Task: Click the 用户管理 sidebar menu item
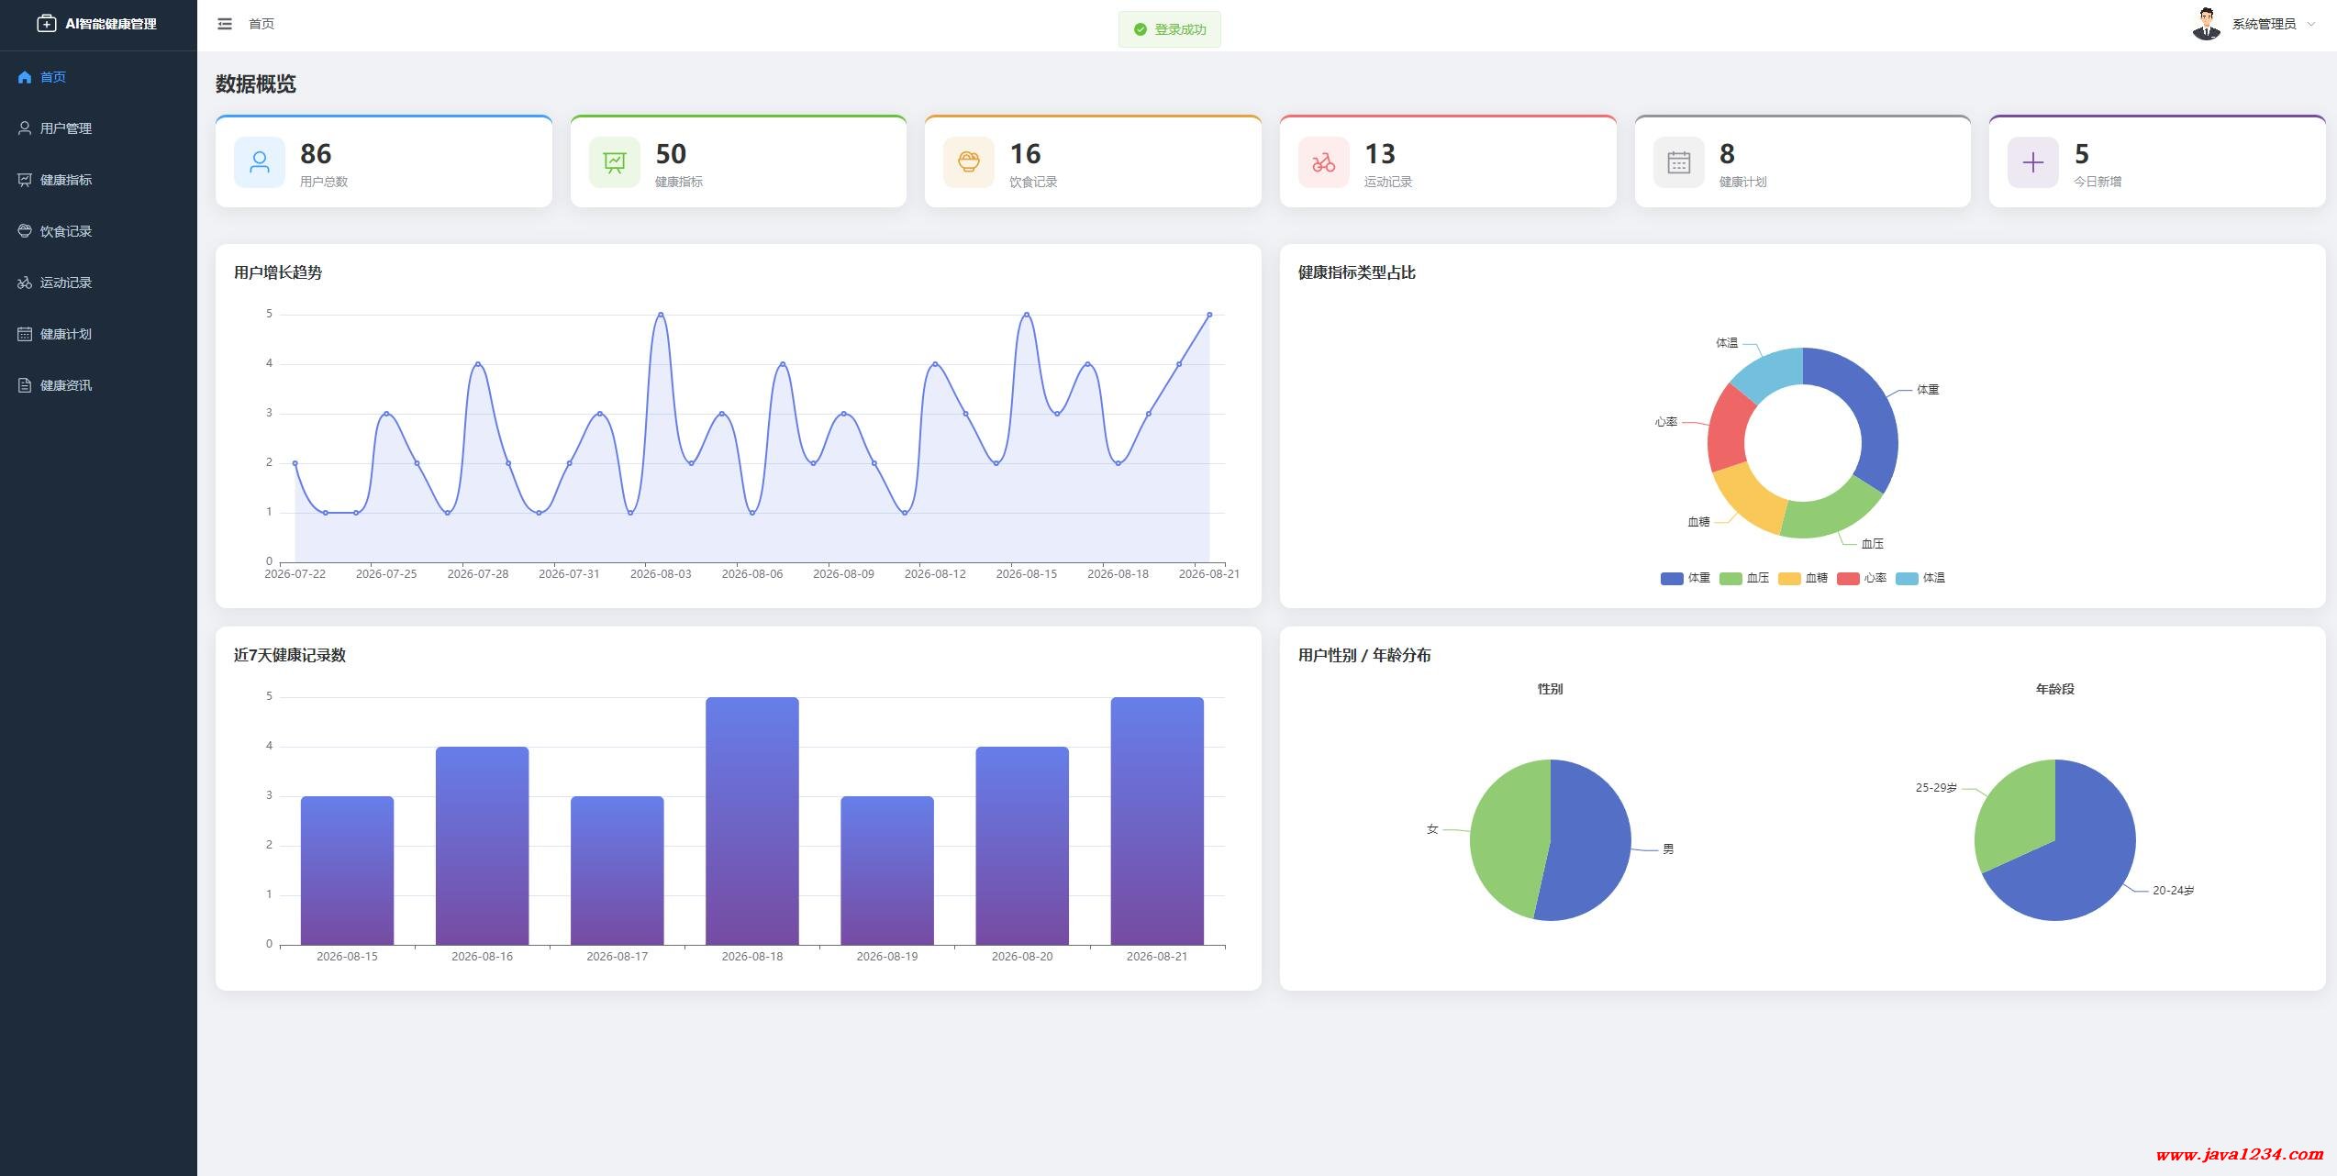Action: click(x=55, y=128)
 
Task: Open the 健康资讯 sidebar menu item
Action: click(x=55, y=385)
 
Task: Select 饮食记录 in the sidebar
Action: click(x=55, y=231)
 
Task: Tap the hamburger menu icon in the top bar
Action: click(x=225, y=24)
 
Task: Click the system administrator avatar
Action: click(x=2206, y=24)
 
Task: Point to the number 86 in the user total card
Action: click(x=316, y=153)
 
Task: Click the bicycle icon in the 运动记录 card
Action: click(x=1323, y=162)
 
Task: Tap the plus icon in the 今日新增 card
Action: click(x=2032, y=162)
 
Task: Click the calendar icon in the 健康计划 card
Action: click(x=1678, y=162)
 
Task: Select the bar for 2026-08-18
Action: click(x=752, y=821)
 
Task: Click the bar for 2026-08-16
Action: click(x=482, y=846)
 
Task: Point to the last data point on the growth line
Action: click(x=1209, y=315)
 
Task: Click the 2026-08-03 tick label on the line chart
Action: click(x=661, y=574)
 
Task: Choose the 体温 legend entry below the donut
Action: click(x=1920, y=578)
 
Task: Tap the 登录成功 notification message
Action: click(x=1169, y=29)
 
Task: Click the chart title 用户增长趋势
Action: click(x=278, y=272)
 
